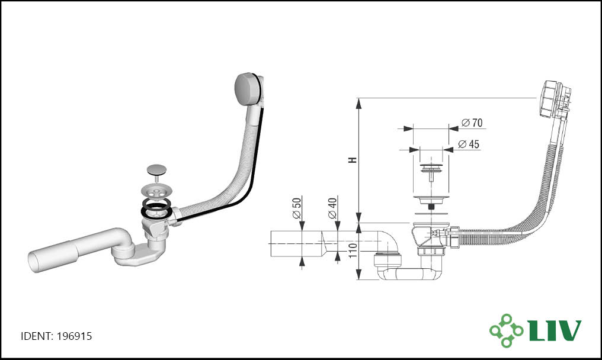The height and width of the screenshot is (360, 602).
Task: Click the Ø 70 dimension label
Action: pyautogui.click(x=472, y=123)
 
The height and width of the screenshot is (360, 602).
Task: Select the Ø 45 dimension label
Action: pyautogui.click(x=469, y=144)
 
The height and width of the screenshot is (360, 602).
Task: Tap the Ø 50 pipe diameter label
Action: pyautogui.click(x=297, y=208)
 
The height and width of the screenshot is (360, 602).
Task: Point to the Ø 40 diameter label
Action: pyautogui.click(x=332, y=208)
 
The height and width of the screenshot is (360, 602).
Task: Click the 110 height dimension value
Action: pyautogui.click(x=353, y=250)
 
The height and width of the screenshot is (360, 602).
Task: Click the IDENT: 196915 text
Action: pyautogui.click(x=56, y=336)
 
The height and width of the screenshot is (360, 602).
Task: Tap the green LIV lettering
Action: pyautogui.click(x=555, y=330)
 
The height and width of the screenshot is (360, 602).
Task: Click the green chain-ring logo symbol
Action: pyautogui.click(x=506, y=330)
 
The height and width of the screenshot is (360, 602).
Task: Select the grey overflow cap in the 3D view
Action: pyautogui.click(x=248, y=88)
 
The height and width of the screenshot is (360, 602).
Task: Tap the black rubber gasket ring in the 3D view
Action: pyautogui.click(x=156, y=211)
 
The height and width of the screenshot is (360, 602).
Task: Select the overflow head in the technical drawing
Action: pyautogui.click(x=554, y=99)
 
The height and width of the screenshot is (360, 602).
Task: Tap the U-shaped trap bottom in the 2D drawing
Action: pyautogui.click(x=407, y=274)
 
